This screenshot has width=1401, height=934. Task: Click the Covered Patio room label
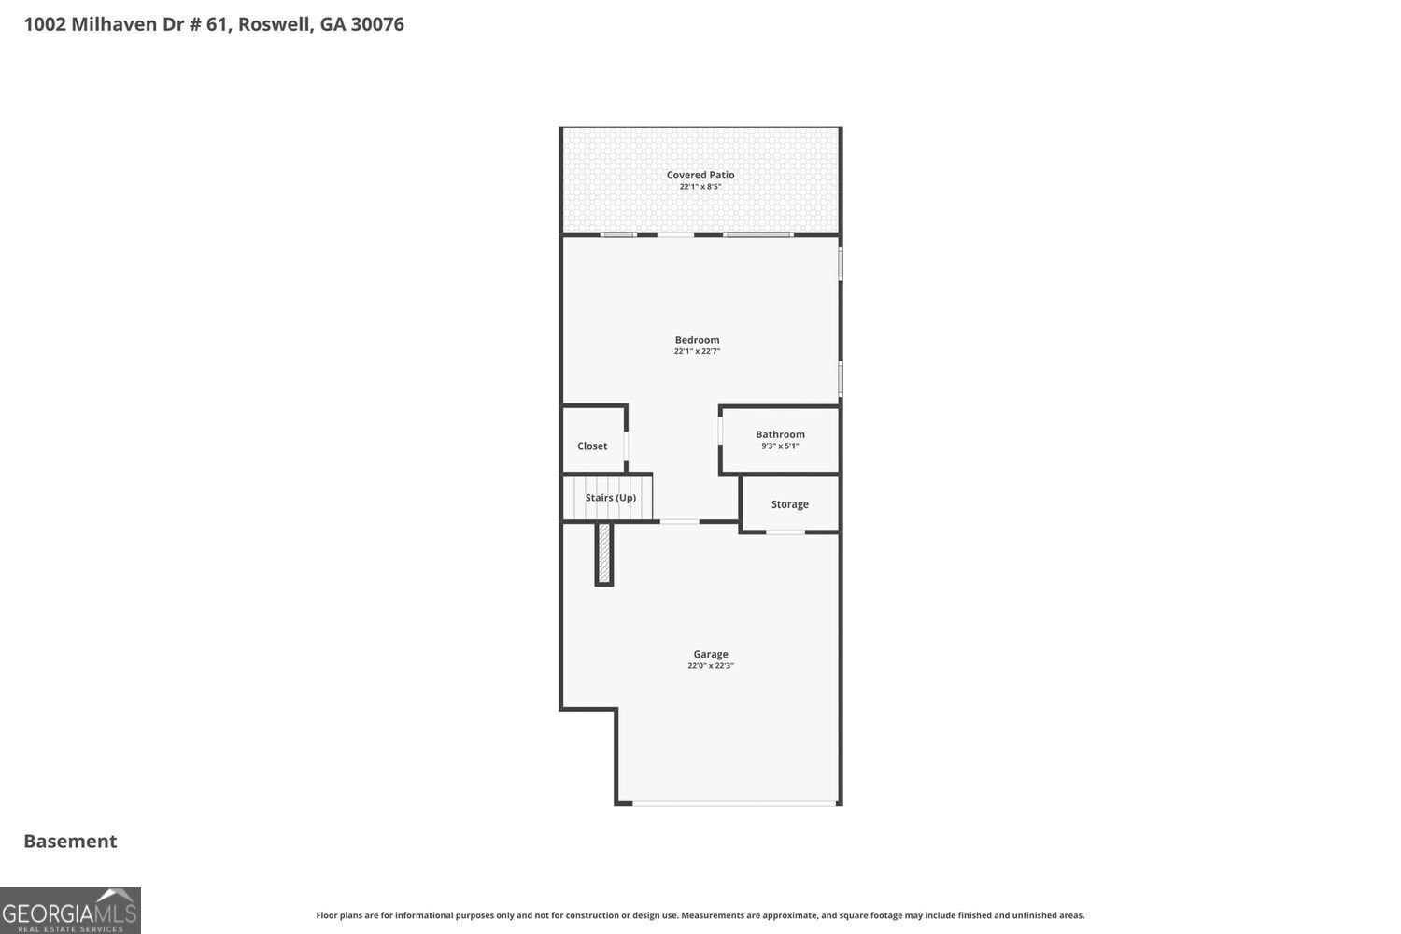point(700,176)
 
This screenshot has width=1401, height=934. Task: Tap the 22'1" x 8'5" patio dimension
point(700,187)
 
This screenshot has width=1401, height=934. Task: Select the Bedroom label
point(697,340)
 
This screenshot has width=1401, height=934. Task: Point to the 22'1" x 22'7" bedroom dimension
point(697,351)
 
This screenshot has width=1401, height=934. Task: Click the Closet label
point(591,446)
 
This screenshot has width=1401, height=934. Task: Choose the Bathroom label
point(780,434)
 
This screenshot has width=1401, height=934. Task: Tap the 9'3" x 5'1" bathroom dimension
point(780,446)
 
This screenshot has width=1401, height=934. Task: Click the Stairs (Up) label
point(611,497)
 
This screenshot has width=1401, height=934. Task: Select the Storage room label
point(789,504)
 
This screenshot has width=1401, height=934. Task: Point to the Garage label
point(711,655)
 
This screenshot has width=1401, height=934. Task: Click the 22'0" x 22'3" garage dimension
point(711,666)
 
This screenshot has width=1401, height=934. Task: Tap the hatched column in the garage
point(603,554)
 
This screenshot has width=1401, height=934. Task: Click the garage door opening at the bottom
point(734,803)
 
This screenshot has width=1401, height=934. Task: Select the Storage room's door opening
point(785,531)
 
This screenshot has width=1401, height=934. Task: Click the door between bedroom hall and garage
point(679,521)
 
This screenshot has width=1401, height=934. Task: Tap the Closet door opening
point(626,446)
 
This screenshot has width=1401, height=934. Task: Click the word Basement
point(70,842)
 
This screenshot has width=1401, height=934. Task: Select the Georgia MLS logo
point(70,911)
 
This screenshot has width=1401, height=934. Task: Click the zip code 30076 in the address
point(377,24)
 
